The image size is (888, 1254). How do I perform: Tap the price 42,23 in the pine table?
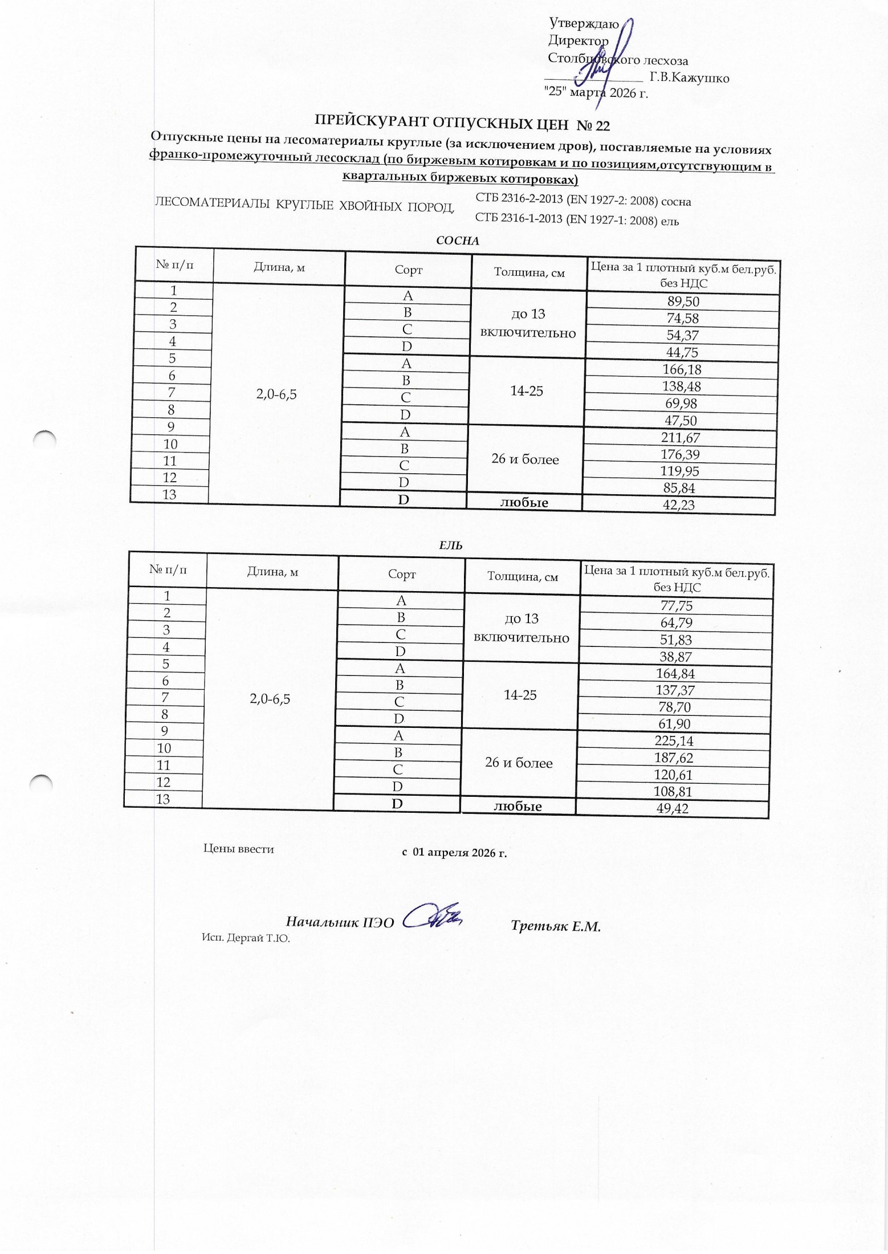pos(679,505)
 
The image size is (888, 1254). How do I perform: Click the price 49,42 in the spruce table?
pos(673,809)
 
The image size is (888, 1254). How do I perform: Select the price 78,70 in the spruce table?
pos(675,708)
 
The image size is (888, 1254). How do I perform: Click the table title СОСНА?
pos(457,241)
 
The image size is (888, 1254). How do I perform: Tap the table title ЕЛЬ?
pos(450,545)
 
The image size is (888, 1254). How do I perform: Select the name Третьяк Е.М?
pos(556,926)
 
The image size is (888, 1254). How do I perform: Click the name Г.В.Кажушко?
pos(689,78)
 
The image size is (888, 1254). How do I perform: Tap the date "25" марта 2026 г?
pos(596,92)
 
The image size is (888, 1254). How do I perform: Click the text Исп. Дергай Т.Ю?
pos(246,938)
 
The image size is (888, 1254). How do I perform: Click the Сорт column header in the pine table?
pos(408,270)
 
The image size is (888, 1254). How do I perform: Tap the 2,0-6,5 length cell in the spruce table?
pos(270,699)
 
